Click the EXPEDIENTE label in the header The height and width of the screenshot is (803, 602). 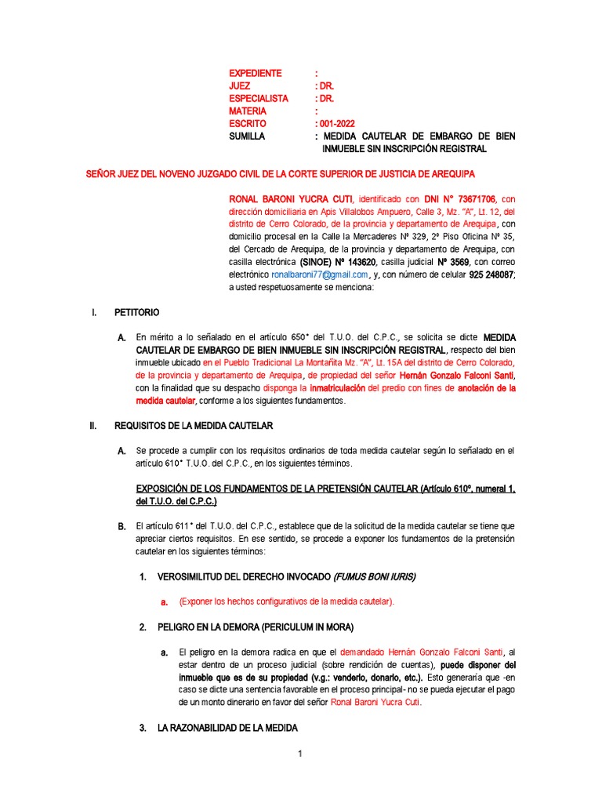[255, 73]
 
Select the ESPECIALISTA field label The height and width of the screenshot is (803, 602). [259, 98]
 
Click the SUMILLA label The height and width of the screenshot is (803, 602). [247, 136]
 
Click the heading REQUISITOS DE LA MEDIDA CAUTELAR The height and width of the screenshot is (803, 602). [193, 426]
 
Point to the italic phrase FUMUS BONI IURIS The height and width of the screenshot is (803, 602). [375, 576]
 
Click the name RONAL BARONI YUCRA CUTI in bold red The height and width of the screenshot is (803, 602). [290, 199]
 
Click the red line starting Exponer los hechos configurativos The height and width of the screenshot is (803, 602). [287, 601]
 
